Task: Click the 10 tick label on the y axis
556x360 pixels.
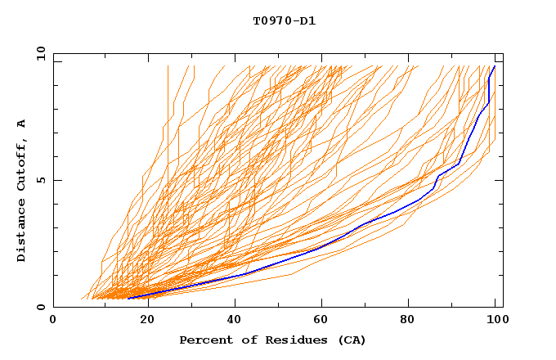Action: click(39, 53)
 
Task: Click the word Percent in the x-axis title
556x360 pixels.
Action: click(204, 340)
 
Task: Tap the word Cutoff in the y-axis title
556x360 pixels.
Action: click(22, 164)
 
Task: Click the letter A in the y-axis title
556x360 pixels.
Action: click(22, 124)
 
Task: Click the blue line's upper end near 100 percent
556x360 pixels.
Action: click(494, 66)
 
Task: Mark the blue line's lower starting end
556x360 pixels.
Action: click(128, 299)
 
